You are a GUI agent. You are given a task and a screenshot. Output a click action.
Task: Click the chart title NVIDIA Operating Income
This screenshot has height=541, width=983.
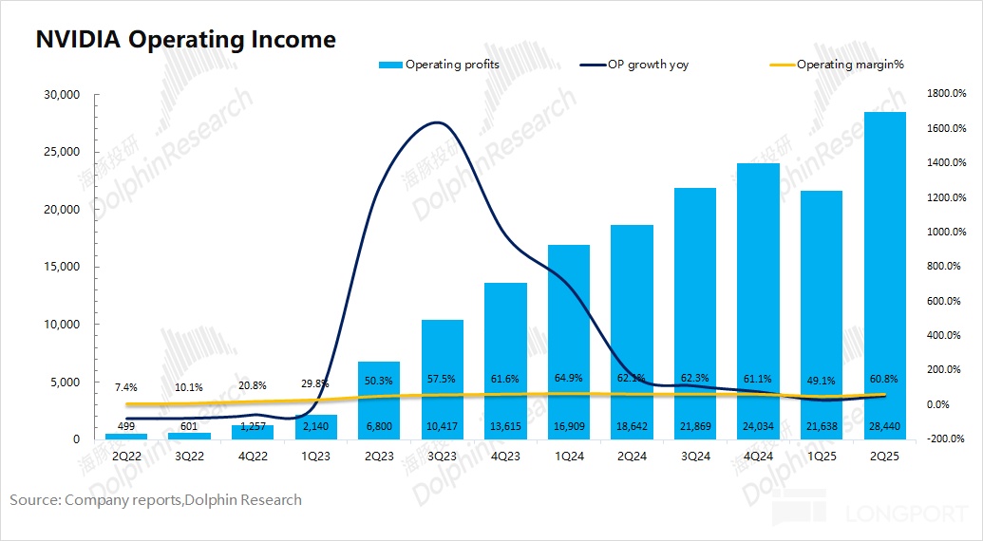coord(185,39)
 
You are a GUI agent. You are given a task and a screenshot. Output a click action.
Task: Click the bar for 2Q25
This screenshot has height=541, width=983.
coord(884,275)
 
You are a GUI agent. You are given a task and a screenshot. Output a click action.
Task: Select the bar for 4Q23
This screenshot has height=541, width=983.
coord(505,361)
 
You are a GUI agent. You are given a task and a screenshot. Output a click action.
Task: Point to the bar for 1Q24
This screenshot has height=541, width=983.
coord(569,342)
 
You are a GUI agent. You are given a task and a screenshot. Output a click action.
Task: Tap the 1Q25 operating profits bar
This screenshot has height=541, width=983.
coord(822,313)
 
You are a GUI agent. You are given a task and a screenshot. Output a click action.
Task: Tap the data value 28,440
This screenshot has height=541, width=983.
coord(884,426)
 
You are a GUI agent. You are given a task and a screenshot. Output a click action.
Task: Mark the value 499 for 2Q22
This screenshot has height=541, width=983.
coord(125,426)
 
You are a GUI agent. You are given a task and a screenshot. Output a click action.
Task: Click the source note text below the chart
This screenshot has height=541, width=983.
coord(156,499)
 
